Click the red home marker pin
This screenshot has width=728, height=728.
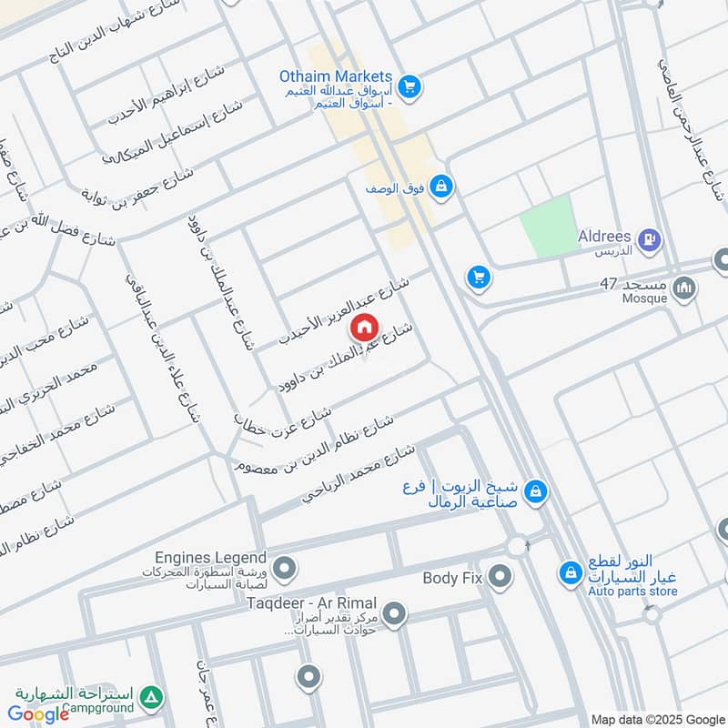[364, 326]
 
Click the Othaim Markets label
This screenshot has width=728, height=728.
[336, 77]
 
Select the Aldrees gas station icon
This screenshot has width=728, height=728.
[650, 240]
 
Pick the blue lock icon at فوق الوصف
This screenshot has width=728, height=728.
[440, 187]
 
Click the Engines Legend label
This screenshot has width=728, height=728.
[211, 558]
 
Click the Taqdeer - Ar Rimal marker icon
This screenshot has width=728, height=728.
[394, 615]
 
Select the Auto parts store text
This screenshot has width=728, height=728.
[633, 591]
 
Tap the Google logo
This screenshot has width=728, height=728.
[39, 714]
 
